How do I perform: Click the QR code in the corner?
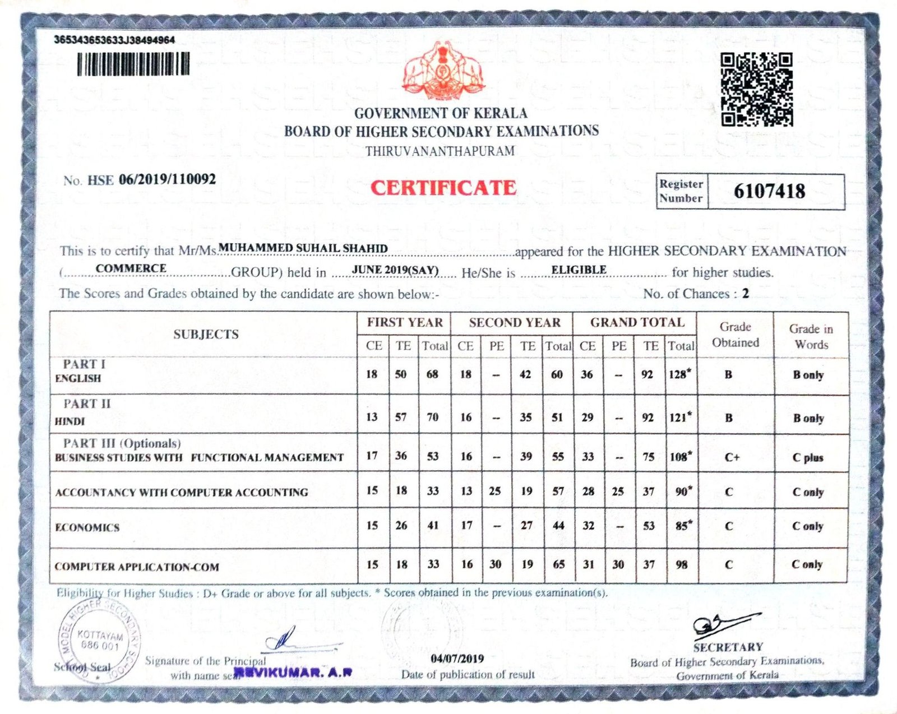(x=756, y=89)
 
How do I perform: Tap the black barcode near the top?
(x=133, y=64)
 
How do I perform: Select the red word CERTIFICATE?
(x=443, y=188)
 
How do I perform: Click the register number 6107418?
(x=769, y=191)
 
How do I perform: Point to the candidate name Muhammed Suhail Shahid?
(x=303, y=248)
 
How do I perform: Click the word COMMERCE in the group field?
(x=131, y=268)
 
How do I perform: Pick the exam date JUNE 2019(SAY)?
(x=395, y=270)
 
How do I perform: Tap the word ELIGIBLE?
(x=579, y=270)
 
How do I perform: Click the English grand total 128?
(x=678, y=374)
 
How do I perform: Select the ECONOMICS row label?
(x=87, y=527)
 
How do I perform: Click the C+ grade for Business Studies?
(x=732, y=457)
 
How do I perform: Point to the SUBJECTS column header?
(x=206, y=334)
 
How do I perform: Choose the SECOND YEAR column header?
(x=514, y=323)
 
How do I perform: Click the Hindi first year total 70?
(x=432, y=417)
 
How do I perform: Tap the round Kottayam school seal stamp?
(x=99, y=639)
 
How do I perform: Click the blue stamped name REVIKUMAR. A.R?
(x=293, y=673)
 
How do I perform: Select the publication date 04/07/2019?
(x=457, y=659)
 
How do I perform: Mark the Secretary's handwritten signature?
(x=723, y=625)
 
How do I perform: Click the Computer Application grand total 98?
(x=681, y=564)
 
